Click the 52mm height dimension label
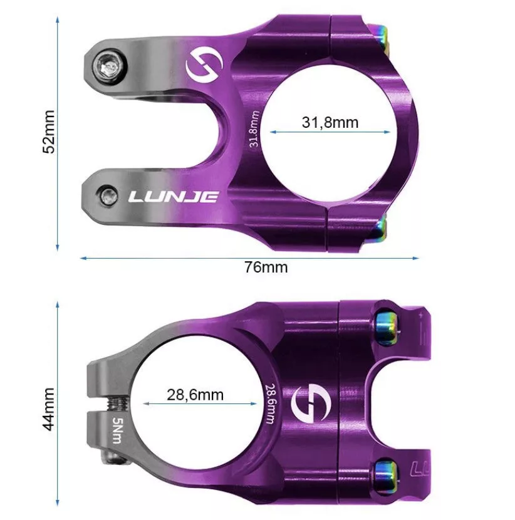coord(49,132)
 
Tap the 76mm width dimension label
coord(266,268)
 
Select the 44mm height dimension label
coord(49,409)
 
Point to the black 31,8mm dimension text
coord(330,122)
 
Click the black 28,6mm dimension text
coord(195,395)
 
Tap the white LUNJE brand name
coord(174,197)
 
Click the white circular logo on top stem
coord(204,65)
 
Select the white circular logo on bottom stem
coord(311,404)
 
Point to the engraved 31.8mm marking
coord(253,128)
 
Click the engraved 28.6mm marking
coord(271,403)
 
